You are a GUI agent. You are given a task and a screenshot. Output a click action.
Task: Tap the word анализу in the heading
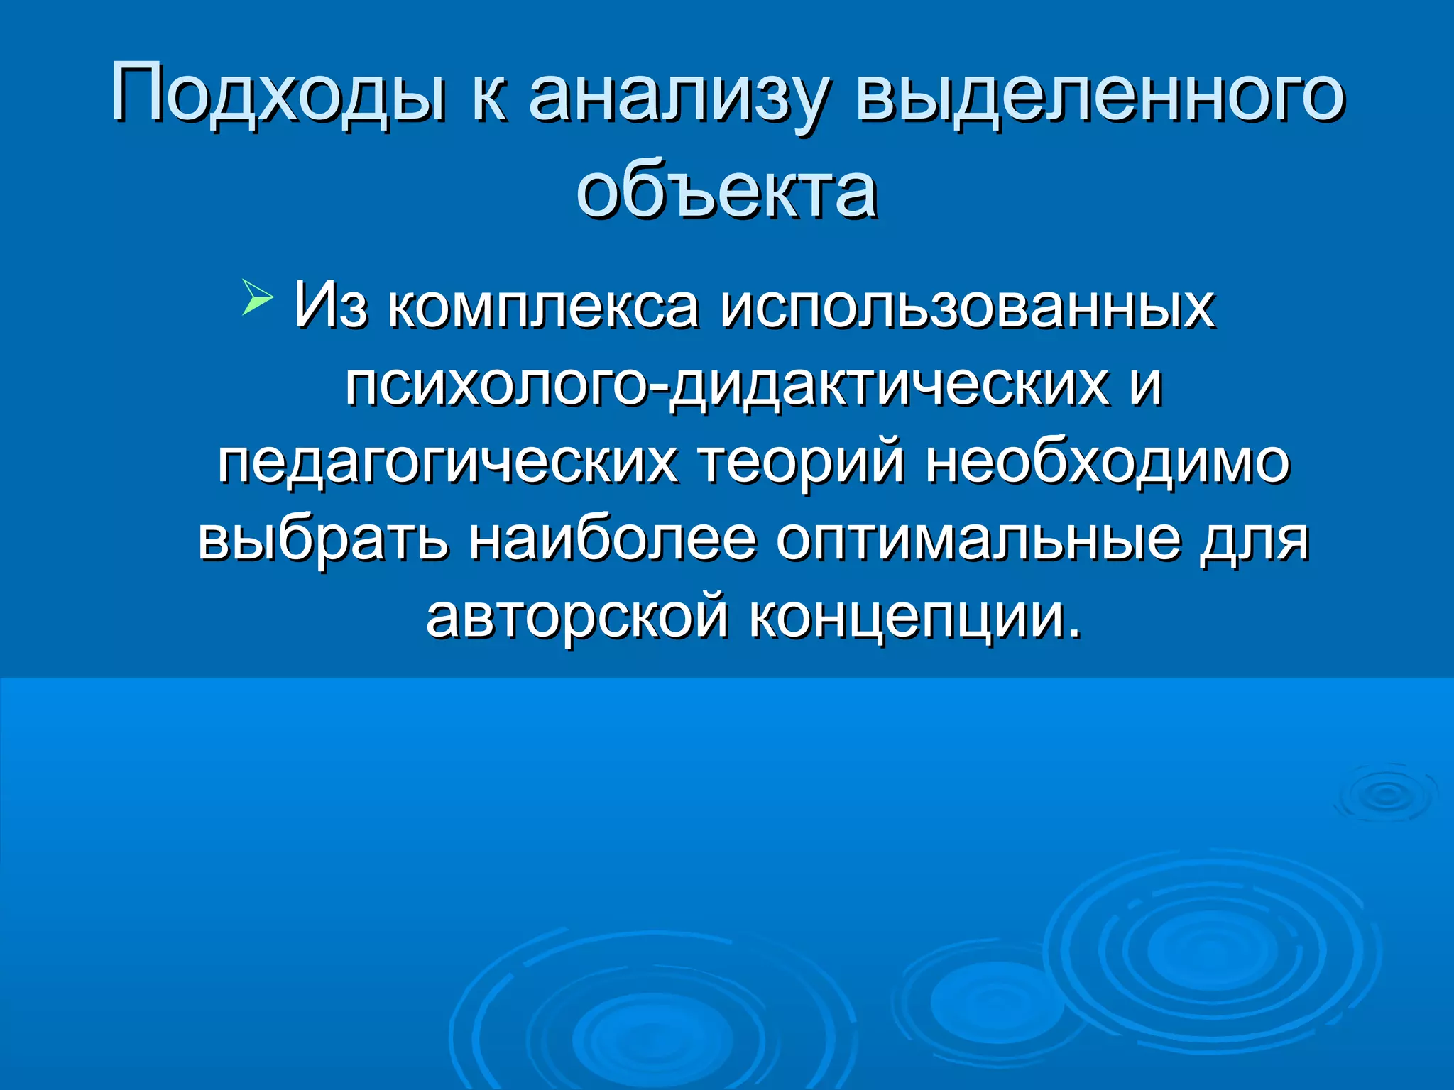pos(677,96)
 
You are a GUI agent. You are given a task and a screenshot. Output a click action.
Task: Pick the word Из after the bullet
pos(331,305)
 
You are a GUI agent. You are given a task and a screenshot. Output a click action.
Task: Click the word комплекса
pos(543,307)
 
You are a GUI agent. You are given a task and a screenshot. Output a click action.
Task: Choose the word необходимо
pos(1108,462)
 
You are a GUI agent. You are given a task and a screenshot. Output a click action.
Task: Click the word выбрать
pos(323,539)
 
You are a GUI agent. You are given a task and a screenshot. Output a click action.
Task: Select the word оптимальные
pos(979,539)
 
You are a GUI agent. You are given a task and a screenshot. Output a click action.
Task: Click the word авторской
pos(576,616)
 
